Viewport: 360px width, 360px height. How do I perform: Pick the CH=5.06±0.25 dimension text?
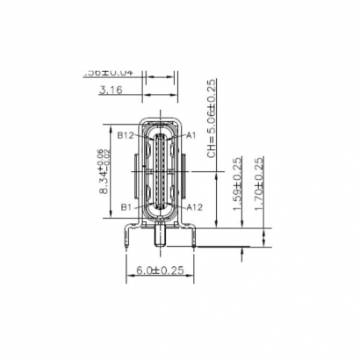point(213,119)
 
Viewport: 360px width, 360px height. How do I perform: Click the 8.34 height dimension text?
point(104,176)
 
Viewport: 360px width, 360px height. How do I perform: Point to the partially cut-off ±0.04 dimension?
point(109,72)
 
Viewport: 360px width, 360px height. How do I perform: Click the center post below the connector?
point(160,234)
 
